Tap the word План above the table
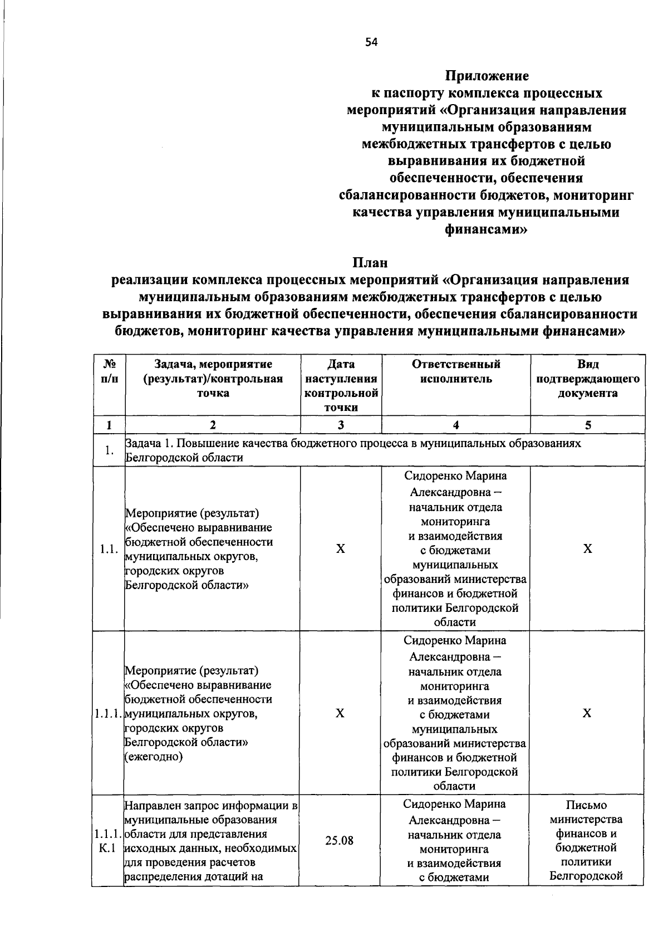(370, 262)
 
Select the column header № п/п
(109, 371)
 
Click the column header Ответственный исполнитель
(455, 371)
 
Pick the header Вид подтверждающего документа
(587, 379)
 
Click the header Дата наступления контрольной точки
(341, 385)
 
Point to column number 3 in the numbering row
(341, 425)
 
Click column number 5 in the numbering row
(587, 425)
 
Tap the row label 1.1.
(109, 549)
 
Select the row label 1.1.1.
(107, 713)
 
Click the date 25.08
(340, 841)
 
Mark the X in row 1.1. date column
(341, 549)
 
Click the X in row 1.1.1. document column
(587, 713)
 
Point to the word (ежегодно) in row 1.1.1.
(154, 757)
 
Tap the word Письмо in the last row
(586, 805)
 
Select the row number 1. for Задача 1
(109, 450)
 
